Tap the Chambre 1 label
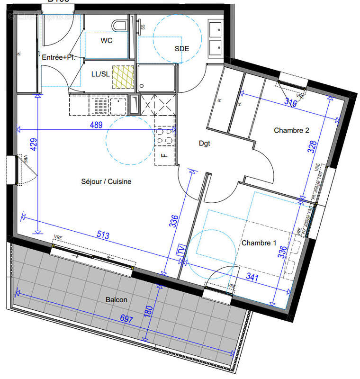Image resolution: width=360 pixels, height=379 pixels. [259, 243]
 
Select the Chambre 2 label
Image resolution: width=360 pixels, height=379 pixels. [291, 130]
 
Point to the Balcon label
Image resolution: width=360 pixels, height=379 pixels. [117, 299]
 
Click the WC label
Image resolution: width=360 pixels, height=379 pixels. [107, 41]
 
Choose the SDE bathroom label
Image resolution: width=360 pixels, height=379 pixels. [182, 48]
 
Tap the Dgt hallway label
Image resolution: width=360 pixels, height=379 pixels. [204, 143]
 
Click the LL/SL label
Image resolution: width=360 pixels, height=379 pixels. [100, 74]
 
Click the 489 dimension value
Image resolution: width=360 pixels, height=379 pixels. [97, 125]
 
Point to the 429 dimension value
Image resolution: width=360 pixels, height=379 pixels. [33, 144]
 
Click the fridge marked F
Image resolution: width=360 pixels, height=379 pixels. [164, 155]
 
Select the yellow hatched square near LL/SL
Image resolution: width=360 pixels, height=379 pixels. [123, 77]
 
